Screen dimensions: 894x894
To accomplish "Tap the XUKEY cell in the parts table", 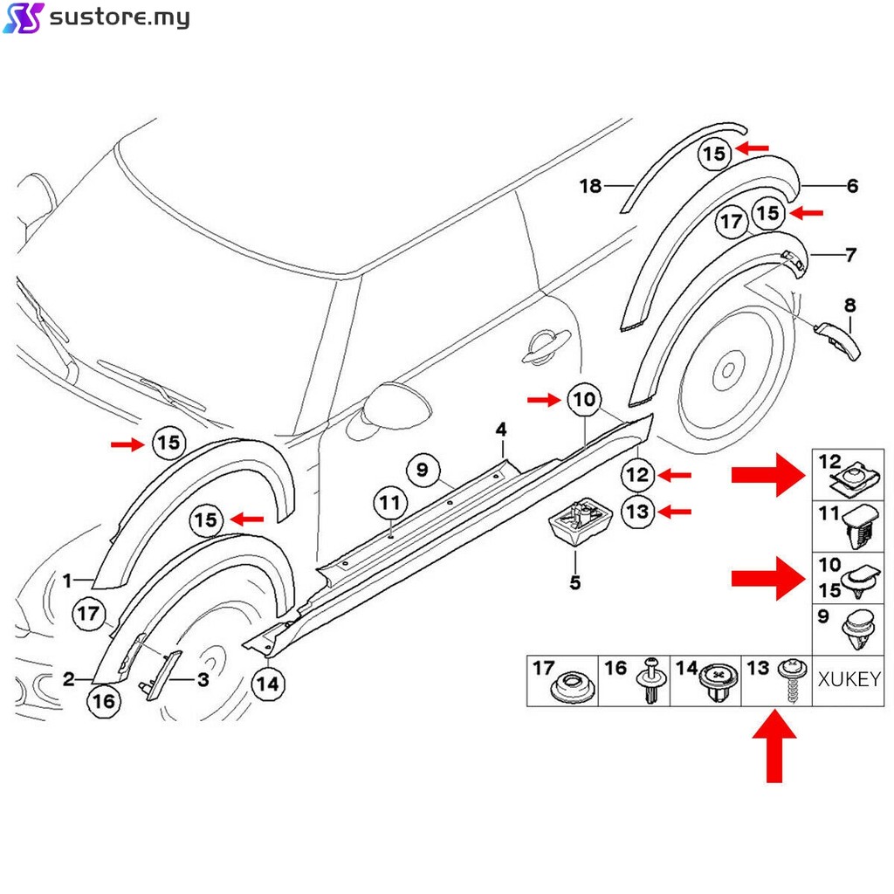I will tap(848, 679).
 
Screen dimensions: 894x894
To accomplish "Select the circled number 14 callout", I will tap(268, 684).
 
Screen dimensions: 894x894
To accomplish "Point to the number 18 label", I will tap(591, 185).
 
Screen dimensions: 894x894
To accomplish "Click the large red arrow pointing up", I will tap(774, 745).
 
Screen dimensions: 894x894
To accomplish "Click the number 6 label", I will tap(852, 185).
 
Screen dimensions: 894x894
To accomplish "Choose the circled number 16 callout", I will tap(102, 700).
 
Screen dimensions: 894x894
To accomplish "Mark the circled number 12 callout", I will tap(637, 475).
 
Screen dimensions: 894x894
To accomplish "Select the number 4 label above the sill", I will tap(501, 429).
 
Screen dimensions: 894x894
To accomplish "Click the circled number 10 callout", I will tap(584, 400).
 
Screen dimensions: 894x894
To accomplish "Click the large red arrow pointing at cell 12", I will tap(767, 474).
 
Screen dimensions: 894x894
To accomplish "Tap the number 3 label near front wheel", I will tap(202, 679).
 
